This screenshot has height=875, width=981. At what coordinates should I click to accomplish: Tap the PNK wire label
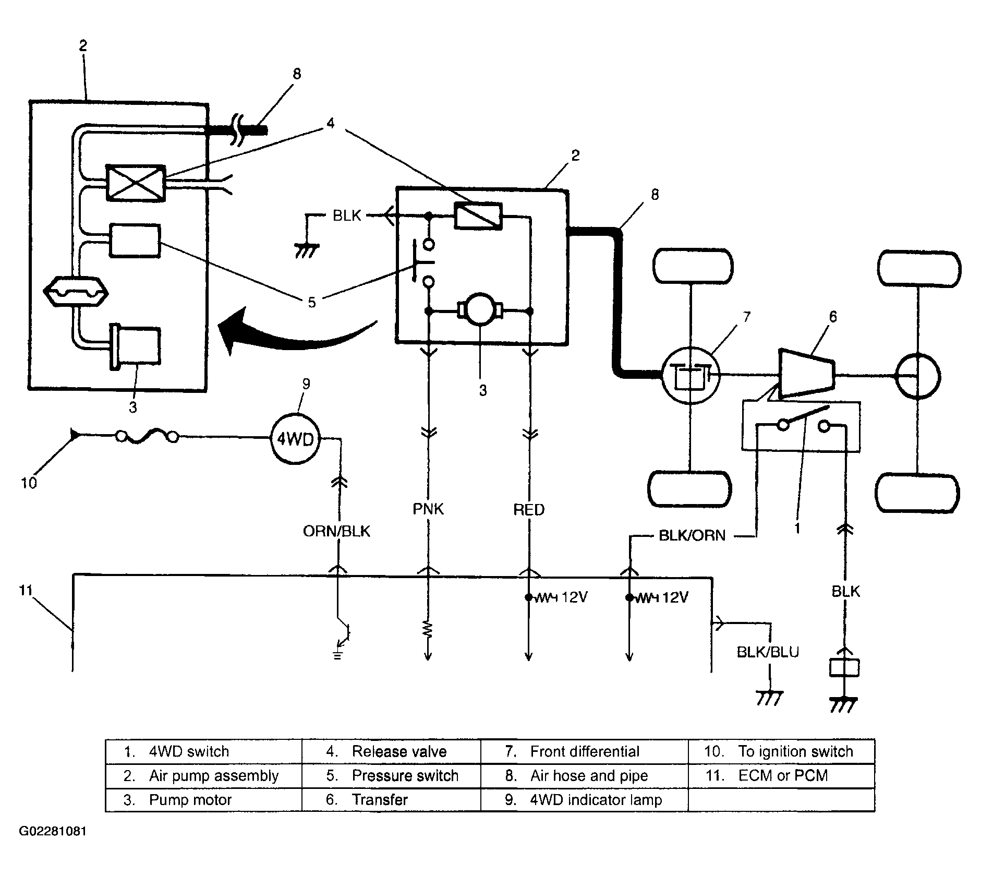tap(428, 509)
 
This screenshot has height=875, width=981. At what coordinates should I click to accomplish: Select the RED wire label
tap(529, 510)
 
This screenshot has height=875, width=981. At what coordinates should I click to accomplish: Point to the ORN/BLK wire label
tap(337, 531)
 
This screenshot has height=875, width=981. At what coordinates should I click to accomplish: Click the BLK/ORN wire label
tap(693, 536)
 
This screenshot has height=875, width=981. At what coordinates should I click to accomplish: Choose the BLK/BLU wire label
tap(768, 652)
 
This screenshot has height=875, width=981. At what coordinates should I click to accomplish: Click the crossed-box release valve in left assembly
tap(136, 183)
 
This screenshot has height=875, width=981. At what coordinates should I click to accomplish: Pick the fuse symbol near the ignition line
tap(147, 436)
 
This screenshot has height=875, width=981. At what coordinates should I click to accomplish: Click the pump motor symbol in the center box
tap(479, 311)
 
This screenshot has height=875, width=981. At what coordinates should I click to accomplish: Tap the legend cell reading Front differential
tap(584, 751)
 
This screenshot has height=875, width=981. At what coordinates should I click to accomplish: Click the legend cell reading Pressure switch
tap(391, 775)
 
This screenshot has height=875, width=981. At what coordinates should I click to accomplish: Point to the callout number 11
tap(26, 590)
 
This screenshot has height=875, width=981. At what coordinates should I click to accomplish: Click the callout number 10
tap(29, 483)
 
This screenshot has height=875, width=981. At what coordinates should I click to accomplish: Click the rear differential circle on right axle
tap(917, 375)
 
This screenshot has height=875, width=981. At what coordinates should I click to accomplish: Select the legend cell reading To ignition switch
tap(781, 751)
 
